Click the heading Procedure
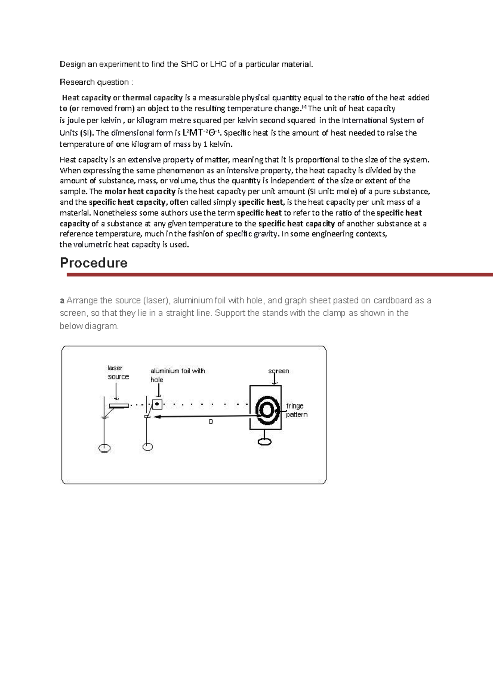pyautogui.click(x=94, y=263)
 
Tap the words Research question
pyautogui.click(x=94, y=82)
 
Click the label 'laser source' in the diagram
pyautogui.click(x=118, y=372)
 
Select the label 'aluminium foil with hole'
pyautogui.click(x=177, y=375)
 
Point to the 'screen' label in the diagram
pyautogui.click(x=279, y=371)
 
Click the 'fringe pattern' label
pyautogui.click(x=297, y=410)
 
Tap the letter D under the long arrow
pyautogui.click(x=211, y=422)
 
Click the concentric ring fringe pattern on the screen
pyautogui.click(x=266, y=410)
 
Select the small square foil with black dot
pyautogui.click(x=157, y=404)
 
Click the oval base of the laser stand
pyautogui.click(x=105, y=448)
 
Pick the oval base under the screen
pyautogui.click(x=265, y=441)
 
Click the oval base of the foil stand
pyautogui.click(x=147, y=447)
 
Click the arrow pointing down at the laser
pyautogui.click(x=116, y=391)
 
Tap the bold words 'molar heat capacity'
pyautogui.click(x=140, y=192)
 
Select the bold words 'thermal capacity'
pyautogui.click(x=152, y=98)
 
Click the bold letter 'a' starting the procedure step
pyautogui.click(x=62, y=300)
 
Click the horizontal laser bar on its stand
pyautogui.click(x=119, y=406)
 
